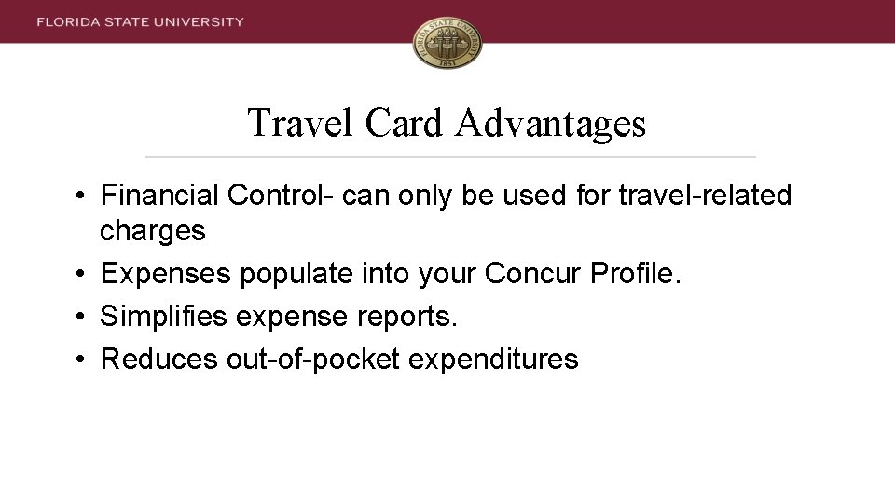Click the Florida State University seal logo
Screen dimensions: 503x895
click(x=447, y=43)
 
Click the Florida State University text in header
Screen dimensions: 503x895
click(x=141, y=21)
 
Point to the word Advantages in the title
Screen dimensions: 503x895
click(x=551, y=123)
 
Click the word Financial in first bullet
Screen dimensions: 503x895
click(x=159, y=196)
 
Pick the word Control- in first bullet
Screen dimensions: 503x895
click(x=281, y=196)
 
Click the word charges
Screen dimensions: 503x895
click(x=153, y=231)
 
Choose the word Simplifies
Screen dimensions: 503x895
click(x=164, y=317)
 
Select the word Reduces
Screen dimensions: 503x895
click(x=159, y=359)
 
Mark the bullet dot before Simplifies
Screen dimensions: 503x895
click(x=82, y=317)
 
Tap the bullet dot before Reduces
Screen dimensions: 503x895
click(x=82, y=359)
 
